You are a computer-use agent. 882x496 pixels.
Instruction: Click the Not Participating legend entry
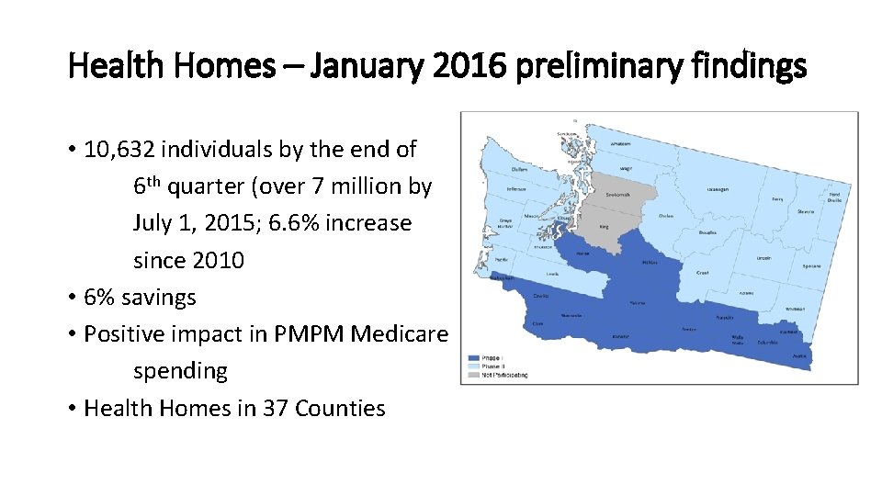click(x=505, y=375)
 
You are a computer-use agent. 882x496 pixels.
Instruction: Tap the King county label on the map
click(x=603, y=225)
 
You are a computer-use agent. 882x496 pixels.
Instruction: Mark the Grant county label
click(x=702, y=272)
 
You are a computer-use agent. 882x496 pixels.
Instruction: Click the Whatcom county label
click(x=621, y=144)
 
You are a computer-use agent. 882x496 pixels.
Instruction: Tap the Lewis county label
click(x=551, y=274)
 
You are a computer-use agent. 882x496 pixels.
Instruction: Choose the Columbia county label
click(x=769, y=342)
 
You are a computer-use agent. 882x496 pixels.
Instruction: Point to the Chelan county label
click(x=666, y=216)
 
